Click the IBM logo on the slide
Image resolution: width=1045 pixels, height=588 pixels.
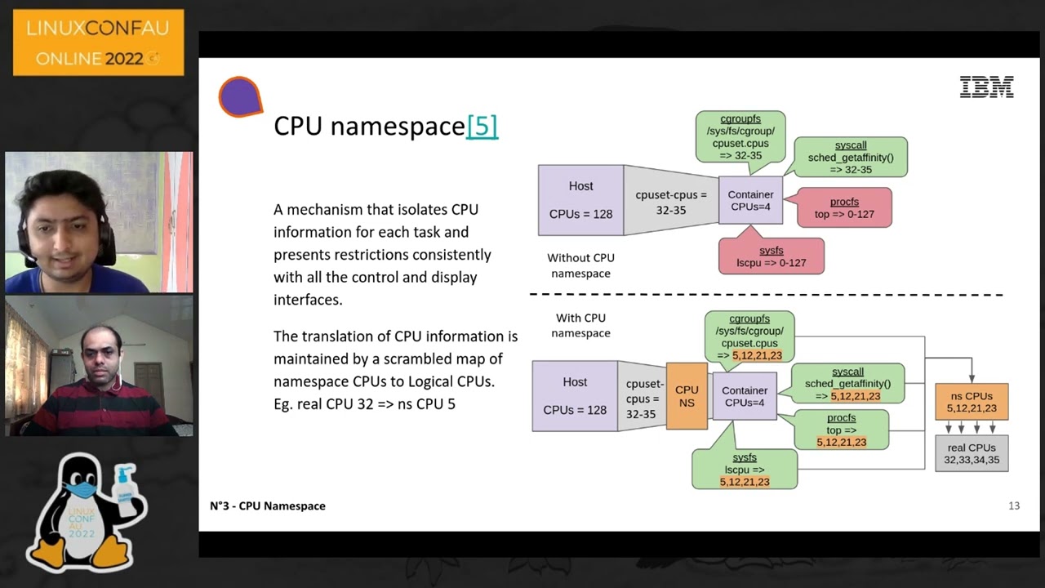tap(986, 87)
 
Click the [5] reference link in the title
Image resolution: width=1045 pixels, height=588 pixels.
tap(482, 126)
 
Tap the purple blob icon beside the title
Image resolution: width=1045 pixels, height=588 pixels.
tap(240, 97)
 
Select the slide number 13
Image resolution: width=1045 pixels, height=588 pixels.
tap(1014, 506)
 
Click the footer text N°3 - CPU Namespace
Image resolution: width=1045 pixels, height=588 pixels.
tap(268, 506)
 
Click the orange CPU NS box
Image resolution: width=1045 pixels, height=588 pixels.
tap(687, 396)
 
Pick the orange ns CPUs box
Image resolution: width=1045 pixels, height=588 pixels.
tap(972, 402)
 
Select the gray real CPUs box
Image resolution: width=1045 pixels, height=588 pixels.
tap(972, 453)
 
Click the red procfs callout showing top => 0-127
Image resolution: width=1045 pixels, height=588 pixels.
tap(844, 207)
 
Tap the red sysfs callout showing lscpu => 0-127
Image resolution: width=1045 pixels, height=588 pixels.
tap(772, 256)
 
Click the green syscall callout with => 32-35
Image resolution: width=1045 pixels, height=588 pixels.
tap(851, 158)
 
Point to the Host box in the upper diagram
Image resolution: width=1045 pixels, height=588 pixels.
tap(580, 200)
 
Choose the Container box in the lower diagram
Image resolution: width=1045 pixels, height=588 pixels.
tap(745, 396)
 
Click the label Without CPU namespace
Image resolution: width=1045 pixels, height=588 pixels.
tap(580, 265)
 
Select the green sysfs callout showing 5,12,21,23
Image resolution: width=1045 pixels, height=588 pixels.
tap(744, 470)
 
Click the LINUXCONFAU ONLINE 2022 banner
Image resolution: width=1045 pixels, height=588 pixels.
tap(98, 42)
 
